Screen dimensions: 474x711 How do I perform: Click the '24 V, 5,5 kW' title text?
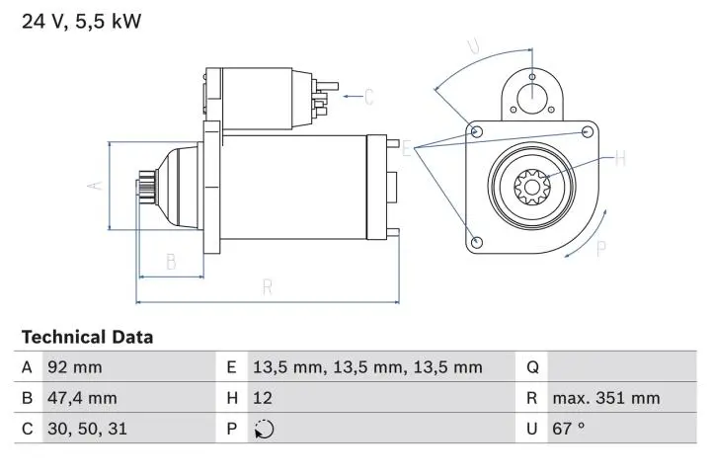[x=81, y=20]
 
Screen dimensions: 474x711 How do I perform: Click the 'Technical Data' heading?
[x=87, y=337]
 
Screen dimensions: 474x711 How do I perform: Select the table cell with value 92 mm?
[x=74, y=367]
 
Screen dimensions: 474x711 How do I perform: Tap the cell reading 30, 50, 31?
[x=87, y=429]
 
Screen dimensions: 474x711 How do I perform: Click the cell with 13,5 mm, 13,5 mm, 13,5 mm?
[x=367, y=367]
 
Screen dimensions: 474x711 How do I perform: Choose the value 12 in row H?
[x=264, y=398]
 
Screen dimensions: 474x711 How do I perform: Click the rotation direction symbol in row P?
[x=264, y=429]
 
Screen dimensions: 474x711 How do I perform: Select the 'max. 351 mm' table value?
[x=606, y=398]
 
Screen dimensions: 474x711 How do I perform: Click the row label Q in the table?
[x=532, y=367]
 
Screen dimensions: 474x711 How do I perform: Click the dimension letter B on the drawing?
[x=171, y=262]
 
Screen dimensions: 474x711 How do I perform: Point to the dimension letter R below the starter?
[x=268, y=287]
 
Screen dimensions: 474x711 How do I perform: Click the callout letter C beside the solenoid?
[x=368, y=97]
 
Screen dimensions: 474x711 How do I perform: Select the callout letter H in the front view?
[x=621, y=157]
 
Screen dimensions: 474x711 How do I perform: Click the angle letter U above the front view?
[x=473, y=45]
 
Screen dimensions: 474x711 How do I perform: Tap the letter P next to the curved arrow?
[x=600, y=249]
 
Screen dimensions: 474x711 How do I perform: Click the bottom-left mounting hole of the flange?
[x=477, y=242]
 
